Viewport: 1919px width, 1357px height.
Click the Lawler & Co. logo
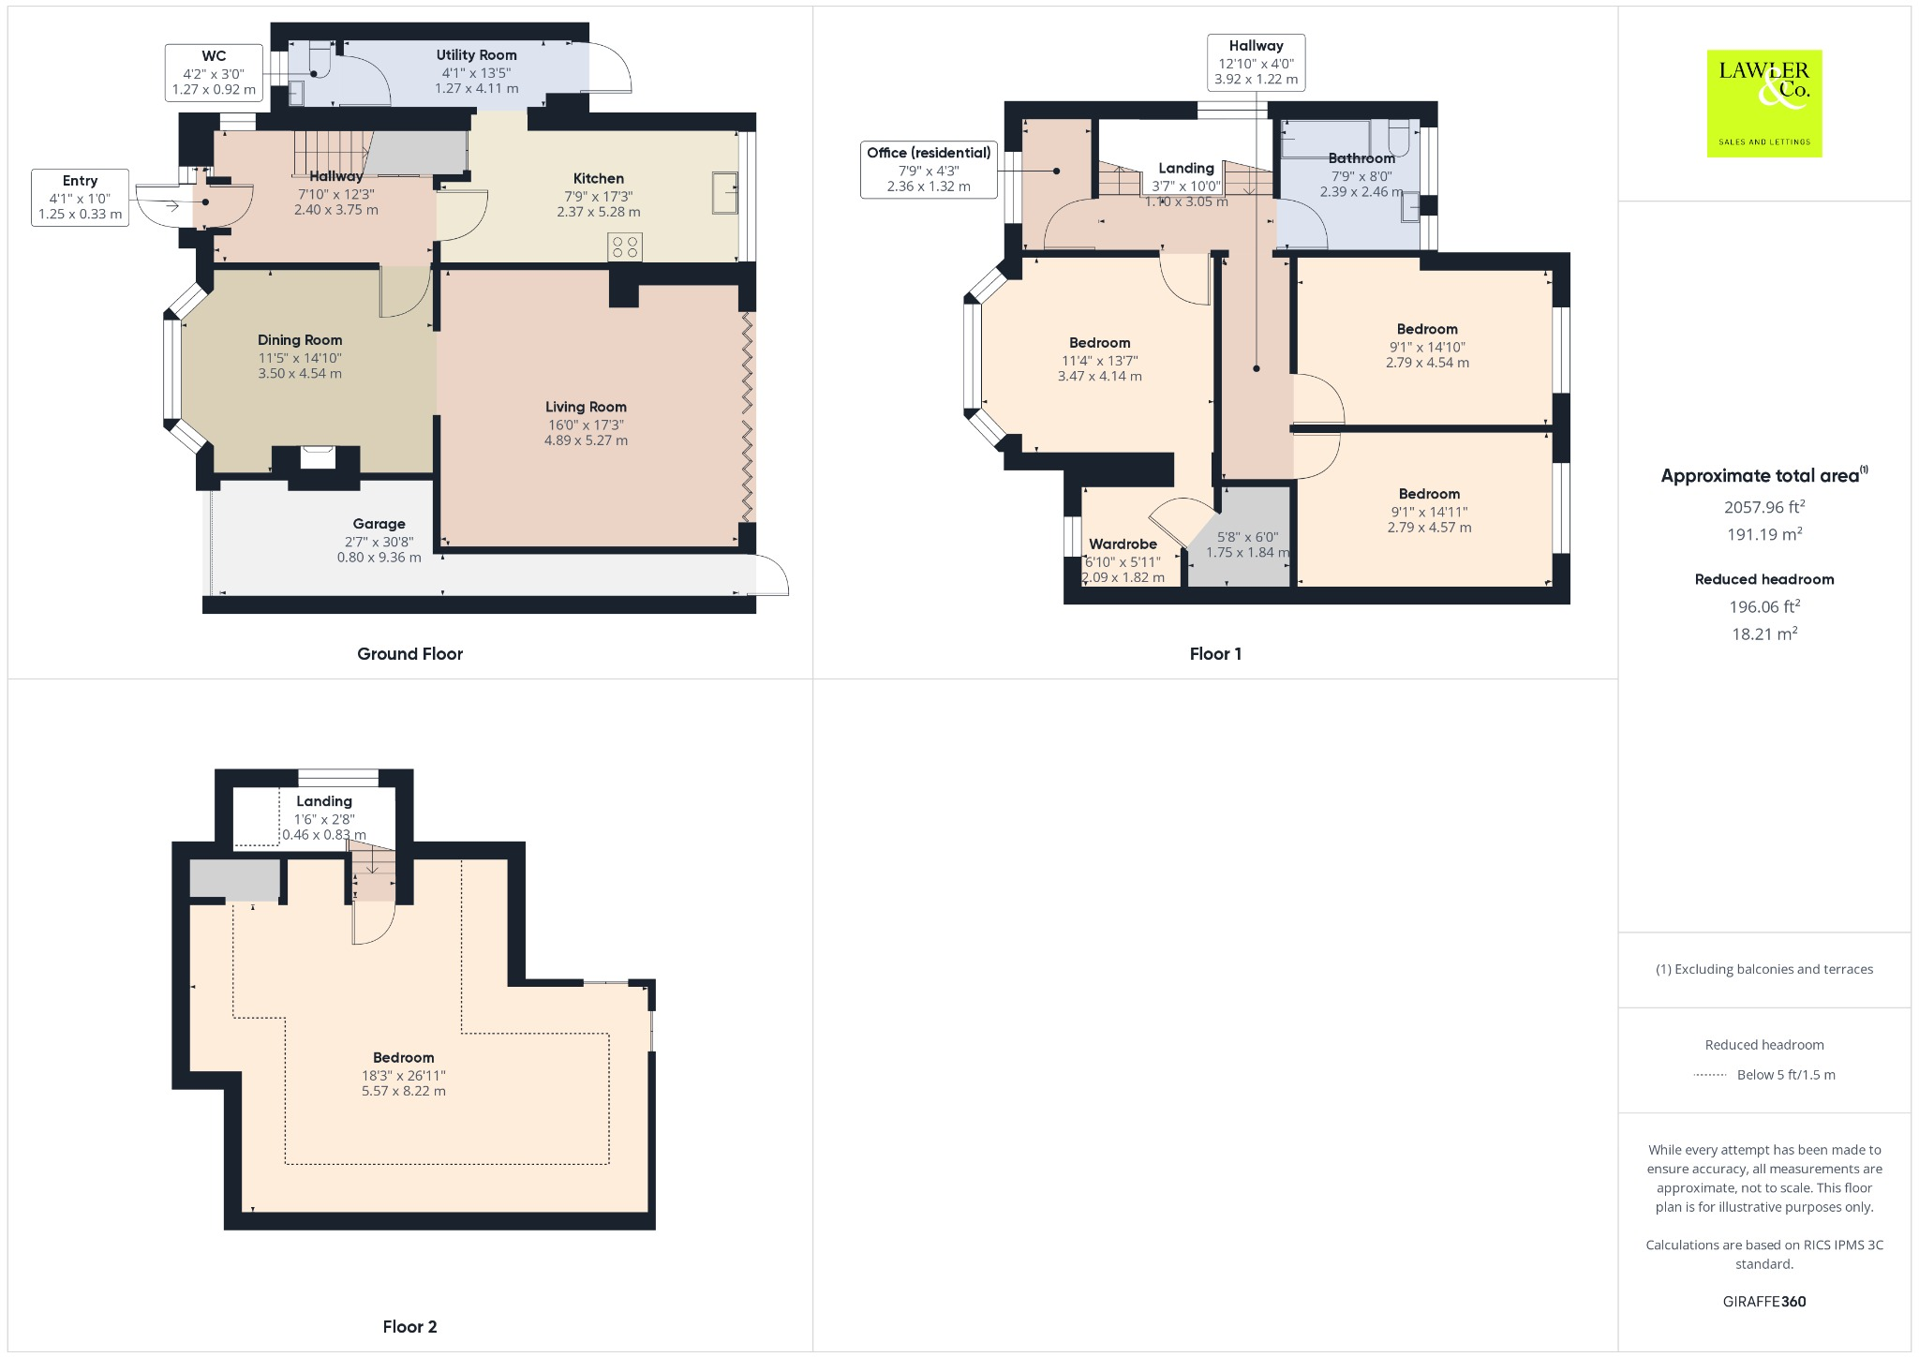pos(1763,103)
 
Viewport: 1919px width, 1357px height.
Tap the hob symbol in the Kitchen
pos(625,247)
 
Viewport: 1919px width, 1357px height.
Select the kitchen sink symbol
pos(724,192)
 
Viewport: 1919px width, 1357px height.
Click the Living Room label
pos(586,407)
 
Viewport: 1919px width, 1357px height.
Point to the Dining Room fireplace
pos(317,458)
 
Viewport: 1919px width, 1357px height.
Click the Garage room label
pos(379,524)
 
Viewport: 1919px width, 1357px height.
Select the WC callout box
pos(214,72)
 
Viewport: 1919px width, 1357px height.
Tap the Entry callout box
pos(80,197)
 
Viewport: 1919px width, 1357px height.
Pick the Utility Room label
pos(476,55)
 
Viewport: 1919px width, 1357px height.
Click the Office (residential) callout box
pos(929,169)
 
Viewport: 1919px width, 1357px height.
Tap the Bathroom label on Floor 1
pos(1361,158)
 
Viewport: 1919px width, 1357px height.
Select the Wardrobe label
pos(1123,544)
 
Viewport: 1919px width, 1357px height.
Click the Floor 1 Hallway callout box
pos(1256,62)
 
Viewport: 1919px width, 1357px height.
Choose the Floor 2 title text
pos(409,1326)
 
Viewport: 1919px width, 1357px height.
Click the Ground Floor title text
pos(409,654)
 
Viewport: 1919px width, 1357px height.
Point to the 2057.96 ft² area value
pos(1763,507)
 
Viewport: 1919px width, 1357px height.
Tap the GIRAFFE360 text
pos(1763,1301)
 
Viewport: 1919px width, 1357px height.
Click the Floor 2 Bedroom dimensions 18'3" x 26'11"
pos(404,1076)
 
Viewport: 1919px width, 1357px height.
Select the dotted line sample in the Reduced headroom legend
pos(1710,1075)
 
